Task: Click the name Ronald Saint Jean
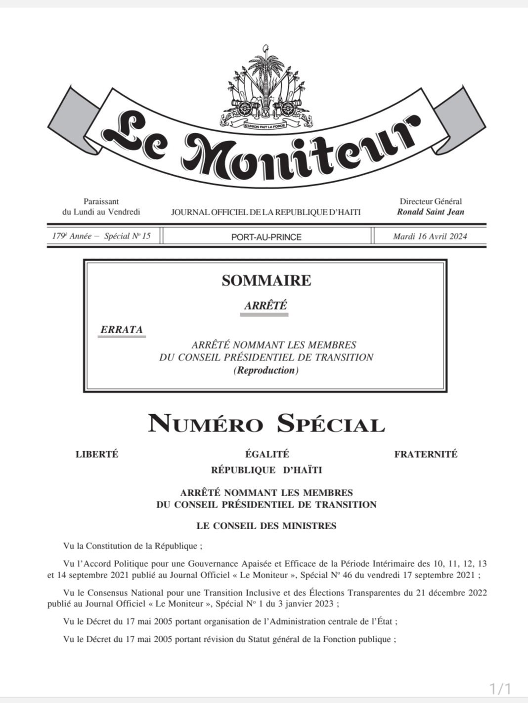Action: point(430,212)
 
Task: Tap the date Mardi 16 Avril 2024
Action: point(430,236)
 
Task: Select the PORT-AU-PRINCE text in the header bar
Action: point(266,237)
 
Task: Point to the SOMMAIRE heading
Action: point(266,280)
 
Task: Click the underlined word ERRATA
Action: point(122,329)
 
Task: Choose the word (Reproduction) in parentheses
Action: point(266,370)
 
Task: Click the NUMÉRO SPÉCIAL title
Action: point(266,424)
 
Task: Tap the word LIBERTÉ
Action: point(97,454)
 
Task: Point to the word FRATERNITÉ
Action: point(426,454)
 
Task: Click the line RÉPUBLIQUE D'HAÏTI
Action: point(266,470)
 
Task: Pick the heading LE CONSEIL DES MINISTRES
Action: point(266,526)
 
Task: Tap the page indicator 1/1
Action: point(500,688)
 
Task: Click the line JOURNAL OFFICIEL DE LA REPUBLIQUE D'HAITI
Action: point(266,212)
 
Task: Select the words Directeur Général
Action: point(431,201)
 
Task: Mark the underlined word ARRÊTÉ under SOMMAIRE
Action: point(266,306)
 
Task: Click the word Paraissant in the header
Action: point(101,201)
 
